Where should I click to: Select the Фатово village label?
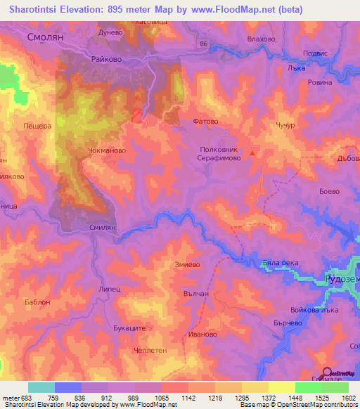(x=205, y=121)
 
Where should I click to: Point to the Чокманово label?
(x=108, y=150)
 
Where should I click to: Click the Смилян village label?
(x=103, y=228)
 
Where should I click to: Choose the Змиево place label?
(x=188, y=264)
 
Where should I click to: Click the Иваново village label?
(x=202, y=335)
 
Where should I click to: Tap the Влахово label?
(x=262, y=40)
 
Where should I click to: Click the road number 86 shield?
(x=203, y=44)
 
